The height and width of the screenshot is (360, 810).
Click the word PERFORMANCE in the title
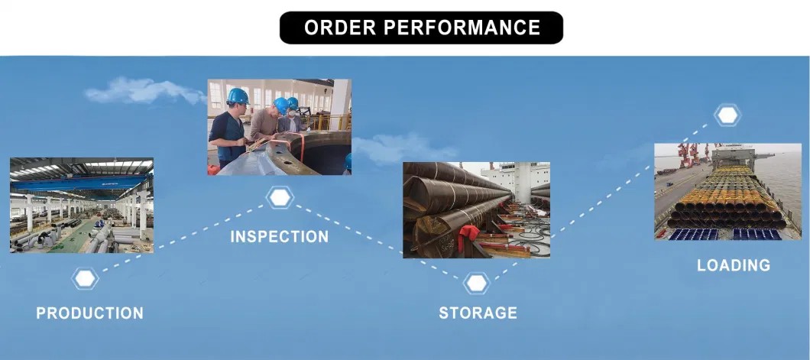[x=462, y=28]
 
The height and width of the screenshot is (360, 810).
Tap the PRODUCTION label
[x=90, y=313]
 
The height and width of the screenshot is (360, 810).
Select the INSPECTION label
[x=280, y=236]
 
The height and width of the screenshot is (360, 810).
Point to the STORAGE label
[x=478, y=313]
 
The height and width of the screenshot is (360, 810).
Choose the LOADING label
[x=734, y=265]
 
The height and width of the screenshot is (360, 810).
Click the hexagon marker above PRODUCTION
[x=86, y=278]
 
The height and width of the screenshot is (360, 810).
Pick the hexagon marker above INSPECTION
[x=280, y=198]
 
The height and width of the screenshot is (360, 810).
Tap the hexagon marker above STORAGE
[x=476, y=283]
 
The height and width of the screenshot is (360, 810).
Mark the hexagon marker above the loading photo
[x=727, y=115]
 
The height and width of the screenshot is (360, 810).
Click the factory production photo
[x=82, y=205]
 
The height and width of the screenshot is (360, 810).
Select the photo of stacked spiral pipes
[x=476, y=209]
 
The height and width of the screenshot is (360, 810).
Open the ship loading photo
[x=728, y=192]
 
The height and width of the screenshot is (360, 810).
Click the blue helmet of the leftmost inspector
[x=238, y=96]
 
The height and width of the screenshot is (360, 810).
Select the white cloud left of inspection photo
[x=144, y=91]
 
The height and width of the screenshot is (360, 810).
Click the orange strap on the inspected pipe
[x=279, y=144]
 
